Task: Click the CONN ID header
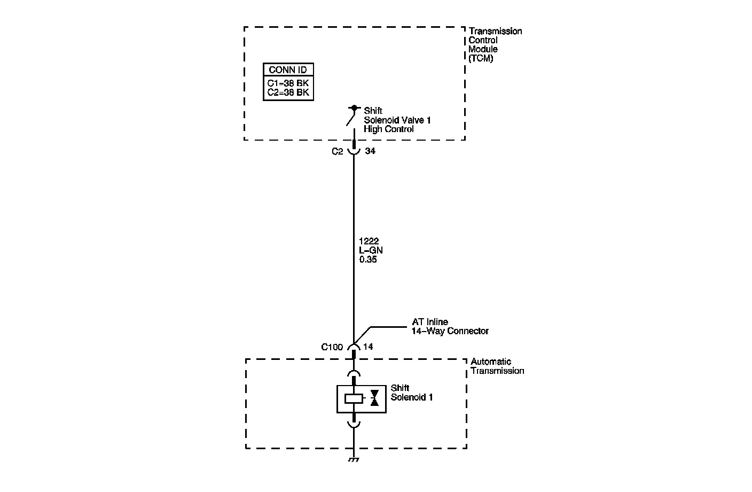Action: pyautogui.click(x=288, y=70)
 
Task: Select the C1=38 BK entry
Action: pyautogui.click(x=288, y=83)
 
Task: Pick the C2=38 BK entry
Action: pyautogui.click(x=288, y=93)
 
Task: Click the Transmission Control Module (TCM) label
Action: pyautogui.click(x=495, y=44)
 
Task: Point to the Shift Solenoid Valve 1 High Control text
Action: pyautogui.click(x=396, y=120)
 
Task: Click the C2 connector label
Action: pyautogui.click(x=337, y=151)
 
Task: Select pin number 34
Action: pyautogui.click(x=370, y=151)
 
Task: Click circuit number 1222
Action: pyautogui.click(x=369, y=241)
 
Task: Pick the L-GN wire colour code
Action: pyautogui.click(x=371, y=250)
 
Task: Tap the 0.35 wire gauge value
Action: pyautogui.click(x=369, y=259)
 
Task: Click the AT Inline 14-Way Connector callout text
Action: pyautogui.click(x=449, y=327)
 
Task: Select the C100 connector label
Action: pyautogui.click(x=332, y=347)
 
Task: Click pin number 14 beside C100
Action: pyautogui.click(x=368, y=347)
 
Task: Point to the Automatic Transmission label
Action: pyautogui.click(x=497, y=366)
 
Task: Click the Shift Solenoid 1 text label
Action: pyautogui.click(x=411, y=393)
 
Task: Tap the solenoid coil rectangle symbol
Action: pyautogui.click(x=354, y=398)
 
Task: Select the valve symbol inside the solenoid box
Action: pyautogui.click(x=374, y=398)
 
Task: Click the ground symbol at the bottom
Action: pyautogui.click(x=354, y=460)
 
